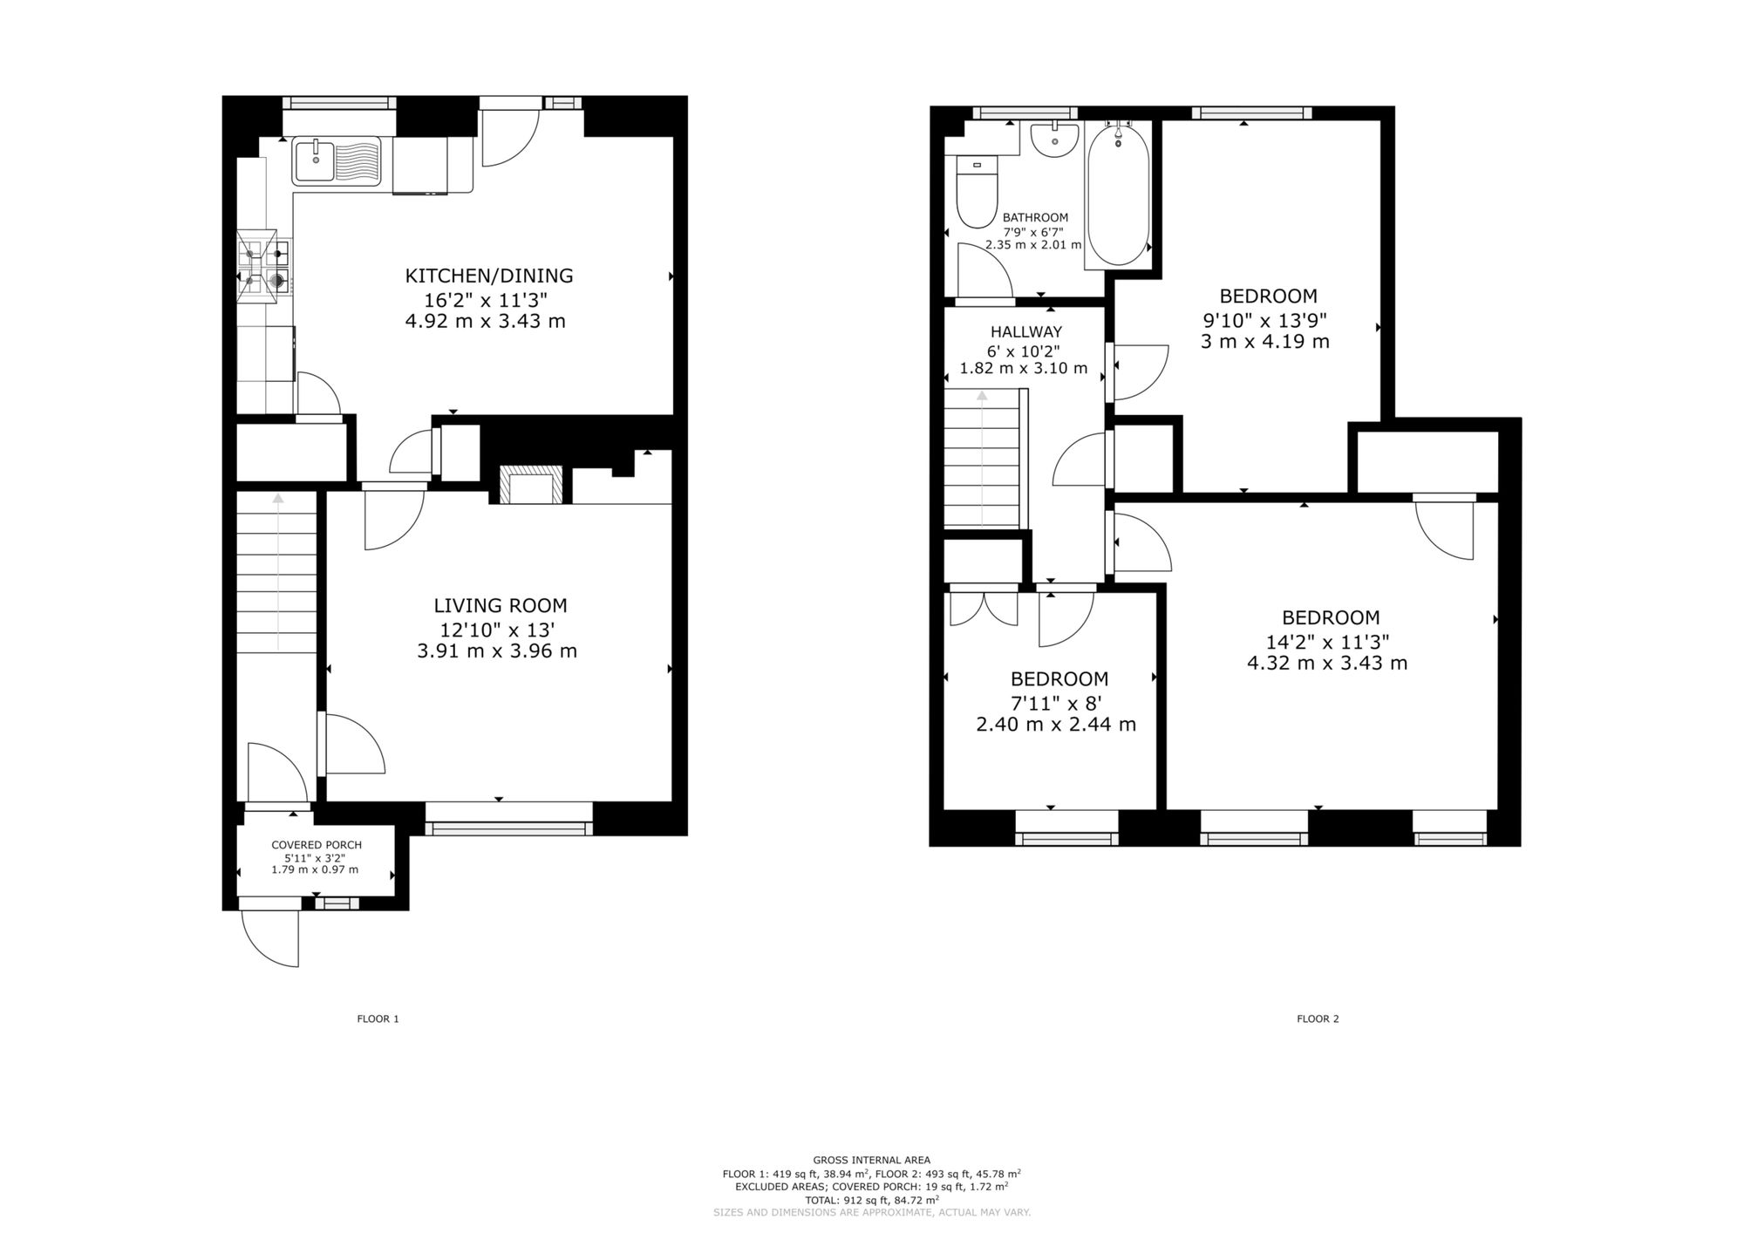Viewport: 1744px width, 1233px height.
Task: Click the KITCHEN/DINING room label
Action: (489, 276)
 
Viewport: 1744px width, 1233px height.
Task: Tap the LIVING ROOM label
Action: (501, 605)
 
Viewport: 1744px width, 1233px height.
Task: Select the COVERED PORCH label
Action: (317, 845)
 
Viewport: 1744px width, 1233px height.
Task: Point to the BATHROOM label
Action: (1035, 217)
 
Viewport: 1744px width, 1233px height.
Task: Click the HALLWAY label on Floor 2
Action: (1026, 331)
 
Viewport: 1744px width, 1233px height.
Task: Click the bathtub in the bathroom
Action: (1118, 195)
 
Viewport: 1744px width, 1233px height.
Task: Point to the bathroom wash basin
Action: (1055, 140)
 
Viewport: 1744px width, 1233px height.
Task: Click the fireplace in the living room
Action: (531, 484)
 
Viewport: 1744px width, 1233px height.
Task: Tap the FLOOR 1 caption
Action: (378, 1018)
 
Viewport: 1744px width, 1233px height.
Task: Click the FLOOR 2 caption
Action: (1318, 1018)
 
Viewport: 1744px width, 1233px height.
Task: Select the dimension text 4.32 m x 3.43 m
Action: (1327, 663)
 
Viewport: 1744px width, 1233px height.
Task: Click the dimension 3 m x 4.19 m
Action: (1264, 341)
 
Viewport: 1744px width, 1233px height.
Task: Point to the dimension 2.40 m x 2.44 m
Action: (1056, 724)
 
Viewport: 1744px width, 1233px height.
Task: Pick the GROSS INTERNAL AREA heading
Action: (871, 1160)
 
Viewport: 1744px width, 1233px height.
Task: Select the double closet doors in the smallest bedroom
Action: (984, 608)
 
